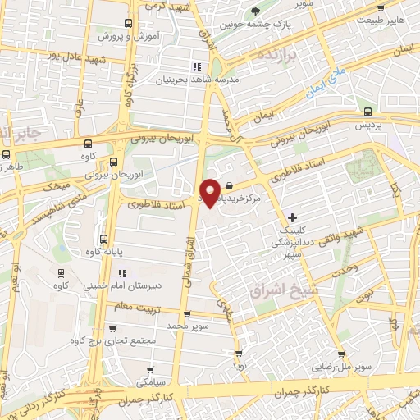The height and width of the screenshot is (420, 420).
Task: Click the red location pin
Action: (x=211, y=192)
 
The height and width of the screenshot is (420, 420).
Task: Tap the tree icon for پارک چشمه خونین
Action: (x=257, y=11)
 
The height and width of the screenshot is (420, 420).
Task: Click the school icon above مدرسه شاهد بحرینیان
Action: (x=196, y=66)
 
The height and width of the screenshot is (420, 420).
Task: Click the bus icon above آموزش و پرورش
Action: (x=127, y=24)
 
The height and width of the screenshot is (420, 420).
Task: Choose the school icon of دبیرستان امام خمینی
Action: (x=122, y=273)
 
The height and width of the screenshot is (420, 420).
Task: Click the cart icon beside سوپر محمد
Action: (x=188, y=313)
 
